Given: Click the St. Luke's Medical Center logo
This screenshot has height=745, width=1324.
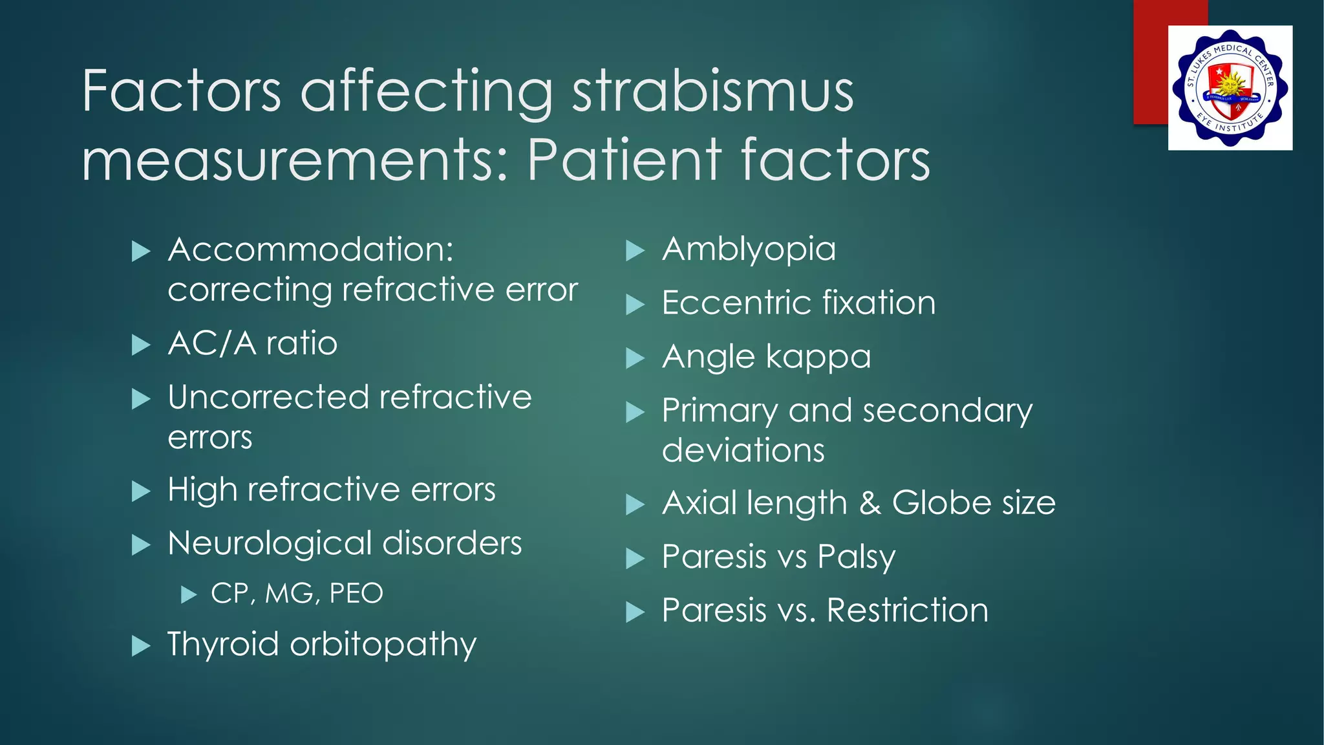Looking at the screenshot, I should pos(1230,88).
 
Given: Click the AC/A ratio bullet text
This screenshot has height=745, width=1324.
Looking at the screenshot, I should pos(252,343).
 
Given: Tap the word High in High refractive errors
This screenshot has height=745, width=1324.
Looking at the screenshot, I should pos(202,490).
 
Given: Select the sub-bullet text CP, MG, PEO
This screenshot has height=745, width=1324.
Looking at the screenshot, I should pos(297,594).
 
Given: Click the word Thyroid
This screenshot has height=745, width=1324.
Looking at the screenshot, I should pos(222,645).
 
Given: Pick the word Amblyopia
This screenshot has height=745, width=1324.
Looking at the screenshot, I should pos(749,250).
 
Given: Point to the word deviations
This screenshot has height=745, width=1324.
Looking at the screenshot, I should pos(743,450).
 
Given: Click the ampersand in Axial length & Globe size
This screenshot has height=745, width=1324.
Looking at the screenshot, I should pos(870,503).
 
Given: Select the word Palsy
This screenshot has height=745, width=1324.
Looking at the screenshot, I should pos(856,557).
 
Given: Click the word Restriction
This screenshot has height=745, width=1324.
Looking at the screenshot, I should pos(907,610).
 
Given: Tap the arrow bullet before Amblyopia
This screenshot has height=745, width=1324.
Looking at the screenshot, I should pos(635,251).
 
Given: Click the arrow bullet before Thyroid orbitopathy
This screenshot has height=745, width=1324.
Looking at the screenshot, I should pos(141,646).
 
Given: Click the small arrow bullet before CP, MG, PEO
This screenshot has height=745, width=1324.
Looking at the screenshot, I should pos(188,594).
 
